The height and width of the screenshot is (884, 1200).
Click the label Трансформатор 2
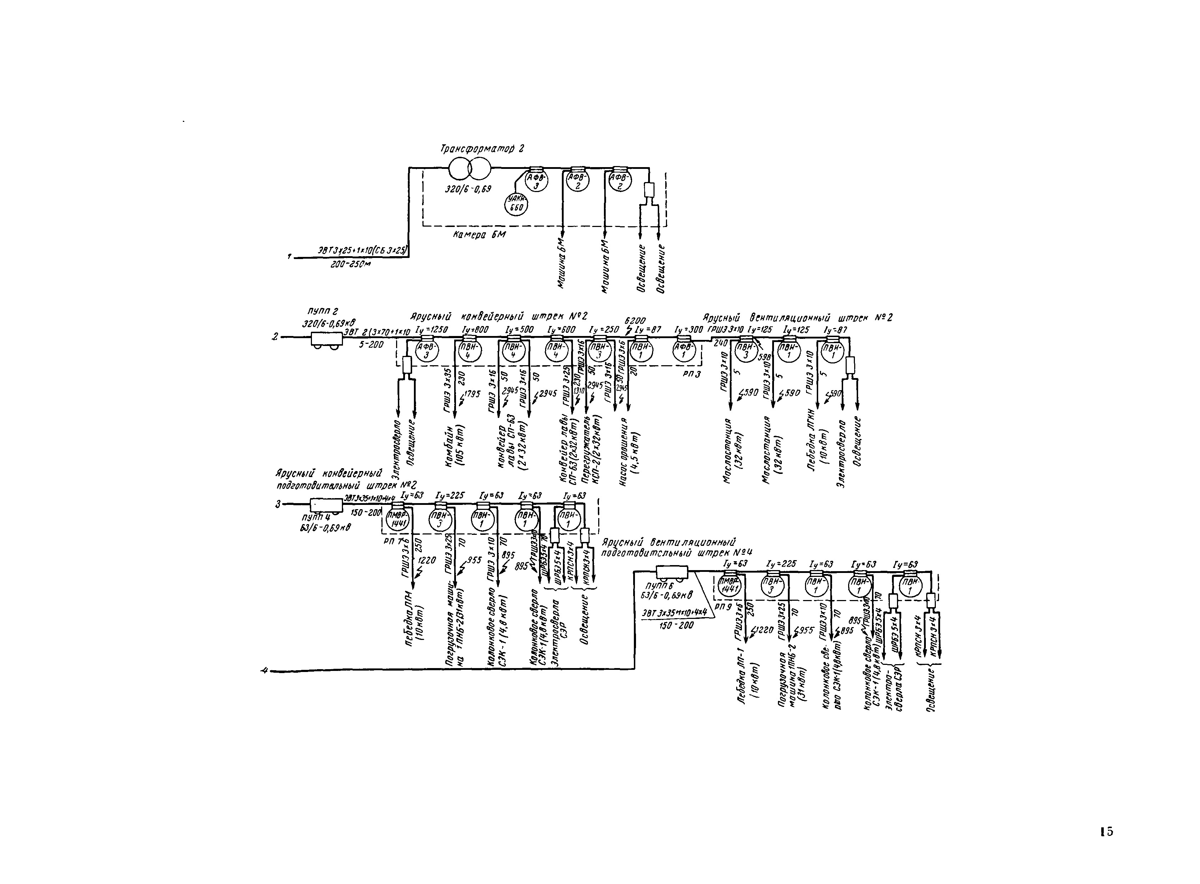coord(481,149)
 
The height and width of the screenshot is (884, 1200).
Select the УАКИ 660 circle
coord(517,204)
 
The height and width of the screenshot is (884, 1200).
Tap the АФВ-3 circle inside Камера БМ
coord(536,181)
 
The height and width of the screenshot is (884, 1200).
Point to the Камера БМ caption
coord(479,234)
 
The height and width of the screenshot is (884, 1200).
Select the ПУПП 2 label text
coord(322,311)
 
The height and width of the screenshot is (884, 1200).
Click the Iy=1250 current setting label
coord(431,330)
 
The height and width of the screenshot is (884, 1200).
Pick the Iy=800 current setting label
coord(475,330)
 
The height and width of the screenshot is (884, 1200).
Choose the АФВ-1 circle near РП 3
coord(684,352)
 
